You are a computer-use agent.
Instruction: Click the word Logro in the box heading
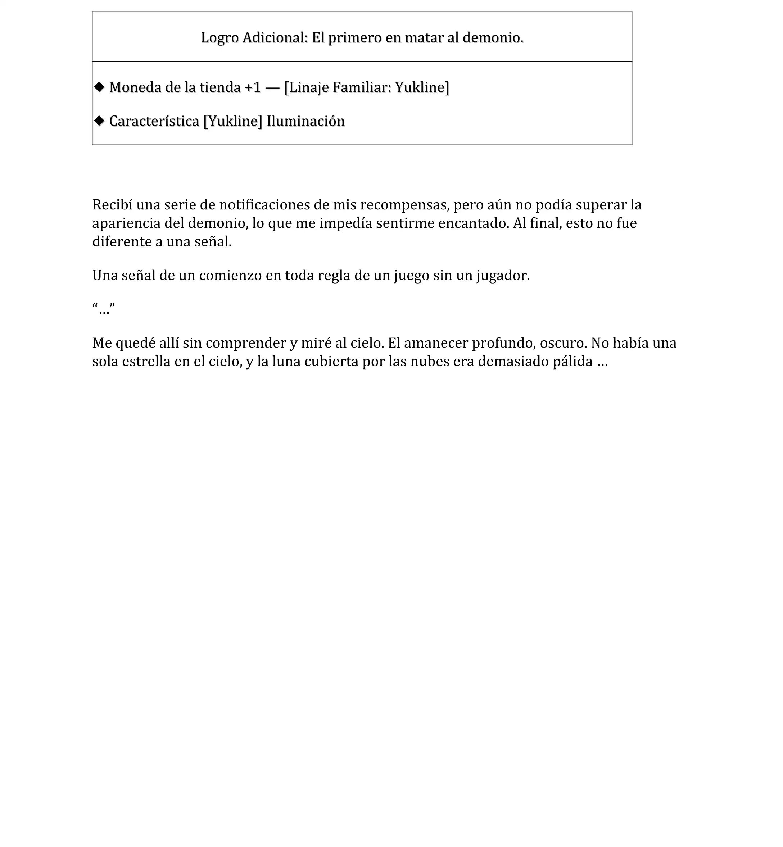coord(219,38)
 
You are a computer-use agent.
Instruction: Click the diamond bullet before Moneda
coord(99,87)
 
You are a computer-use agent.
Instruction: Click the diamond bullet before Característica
coord(99,121)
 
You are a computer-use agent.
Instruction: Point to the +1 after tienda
coord(253,87)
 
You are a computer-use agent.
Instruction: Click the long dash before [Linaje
coord(272,87)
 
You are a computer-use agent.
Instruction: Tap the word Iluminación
coord(305,121)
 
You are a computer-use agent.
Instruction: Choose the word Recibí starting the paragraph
coord(112,205)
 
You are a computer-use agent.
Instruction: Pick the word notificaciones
coord(264,205)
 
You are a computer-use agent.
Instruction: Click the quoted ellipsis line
coord(103,309)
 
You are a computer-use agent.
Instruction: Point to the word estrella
coord(146,361)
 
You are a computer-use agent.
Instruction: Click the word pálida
coord(572,361)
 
